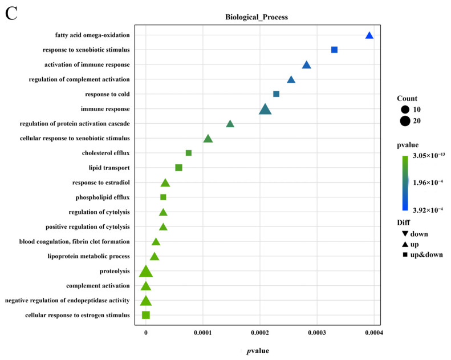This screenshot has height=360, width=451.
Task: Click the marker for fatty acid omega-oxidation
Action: point(369,35)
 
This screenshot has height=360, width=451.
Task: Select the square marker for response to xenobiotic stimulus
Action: point(334,50)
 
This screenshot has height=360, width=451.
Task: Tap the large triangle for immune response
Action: point(265,109)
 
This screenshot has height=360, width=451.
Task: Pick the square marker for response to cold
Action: point(277,94)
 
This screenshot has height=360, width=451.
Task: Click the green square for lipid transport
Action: point(178,168)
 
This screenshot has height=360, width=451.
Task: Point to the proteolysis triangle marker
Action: point(146,272)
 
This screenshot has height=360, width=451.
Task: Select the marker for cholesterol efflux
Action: point(189,153)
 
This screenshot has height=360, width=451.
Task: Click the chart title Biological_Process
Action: point(257,17)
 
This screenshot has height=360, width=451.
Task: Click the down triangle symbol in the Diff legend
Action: point(405,234)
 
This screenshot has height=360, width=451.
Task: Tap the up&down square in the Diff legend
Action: point(405,254)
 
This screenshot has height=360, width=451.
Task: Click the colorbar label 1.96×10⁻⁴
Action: point(429,183)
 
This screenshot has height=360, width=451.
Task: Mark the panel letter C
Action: point(11,14)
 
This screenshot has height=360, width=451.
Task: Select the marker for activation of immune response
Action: point(306,65)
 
